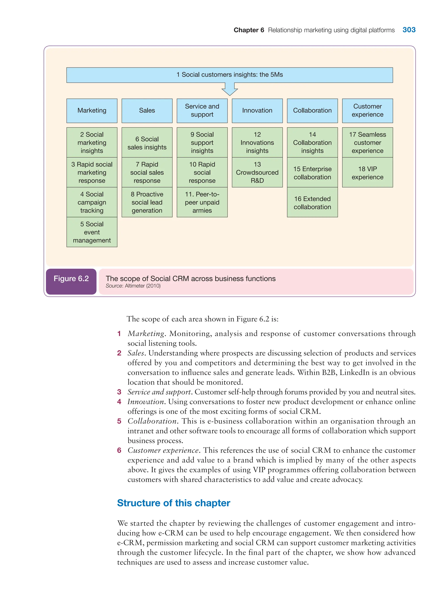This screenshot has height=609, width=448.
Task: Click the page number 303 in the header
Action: click(x=409, y=30)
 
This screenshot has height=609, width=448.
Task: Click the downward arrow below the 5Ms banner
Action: click(x=229, y=89)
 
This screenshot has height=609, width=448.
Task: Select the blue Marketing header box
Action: click(x=92, y=111)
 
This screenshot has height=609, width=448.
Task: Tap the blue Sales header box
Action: click(x=147, y=111)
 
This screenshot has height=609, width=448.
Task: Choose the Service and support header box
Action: click(x=202, y=111)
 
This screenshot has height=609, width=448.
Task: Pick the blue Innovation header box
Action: click(x=257, y=111)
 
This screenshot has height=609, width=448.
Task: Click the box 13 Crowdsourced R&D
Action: click(x=257, y=172)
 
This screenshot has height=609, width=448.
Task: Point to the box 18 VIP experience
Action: click(x=367, y=173)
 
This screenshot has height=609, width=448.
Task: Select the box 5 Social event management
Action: click(x=92, y=232)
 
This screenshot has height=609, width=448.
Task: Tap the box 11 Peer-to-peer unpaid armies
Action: click(x=202, y=202)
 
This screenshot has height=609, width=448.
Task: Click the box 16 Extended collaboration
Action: click(x=312, y=203)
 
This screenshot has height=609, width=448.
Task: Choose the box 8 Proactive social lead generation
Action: click(x=147, y=202)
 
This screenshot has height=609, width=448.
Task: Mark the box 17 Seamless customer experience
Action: click(x=367, y=142)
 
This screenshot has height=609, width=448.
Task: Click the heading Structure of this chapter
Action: click(x=173, y=503)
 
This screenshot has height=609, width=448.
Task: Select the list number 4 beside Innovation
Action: click(x=119, y=402)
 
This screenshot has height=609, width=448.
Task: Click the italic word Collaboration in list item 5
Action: click(x=152, y=421)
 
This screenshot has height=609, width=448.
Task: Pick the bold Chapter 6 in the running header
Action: click(x=249, y=30)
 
